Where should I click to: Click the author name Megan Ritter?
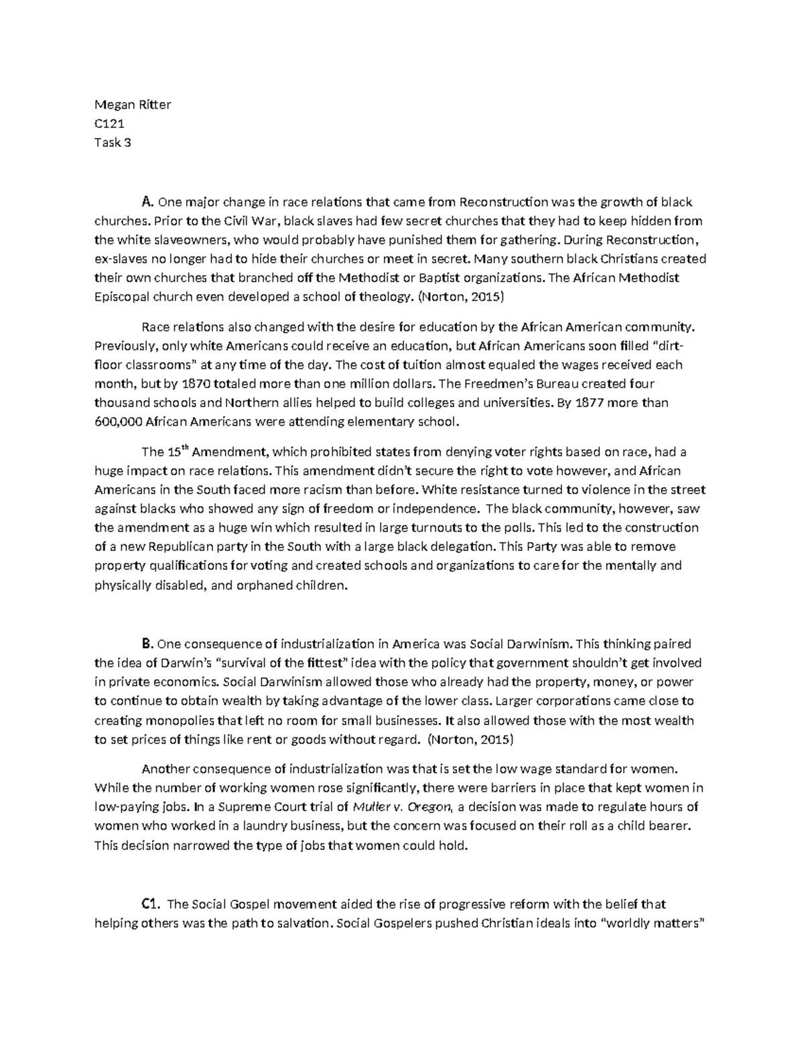(x=133, y=105)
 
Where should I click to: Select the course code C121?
(x=110, y=123)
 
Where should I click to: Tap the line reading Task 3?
(x=113, y=142)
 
